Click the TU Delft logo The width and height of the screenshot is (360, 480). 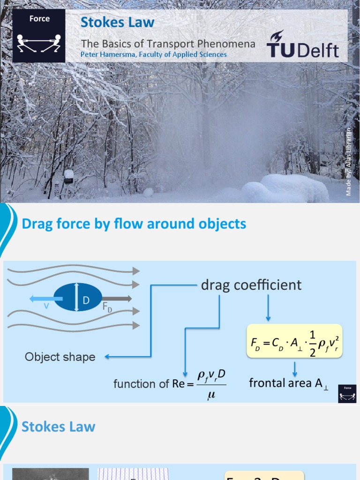[x=302, y=45]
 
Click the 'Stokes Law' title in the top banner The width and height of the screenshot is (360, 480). [x=117, y=22]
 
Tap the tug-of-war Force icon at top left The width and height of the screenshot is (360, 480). [x=39, y=43]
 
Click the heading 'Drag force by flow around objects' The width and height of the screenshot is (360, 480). [x=134, y=224]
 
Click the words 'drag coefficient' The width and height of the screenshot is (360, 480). [x=251, y=285]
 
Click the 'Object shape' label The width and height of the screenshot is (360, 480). [x=60, y=357]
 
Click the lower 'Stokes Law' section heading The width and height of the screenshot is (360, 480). [x=59, y=427]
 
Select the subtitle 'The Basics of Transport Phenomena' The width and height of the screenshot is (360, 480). [x=168, y=44]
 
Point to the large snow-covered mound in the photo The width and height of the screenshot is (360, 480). [x=287, y=188]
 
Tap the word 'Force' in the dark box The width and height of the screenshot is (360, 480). [x=39, y=19]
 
